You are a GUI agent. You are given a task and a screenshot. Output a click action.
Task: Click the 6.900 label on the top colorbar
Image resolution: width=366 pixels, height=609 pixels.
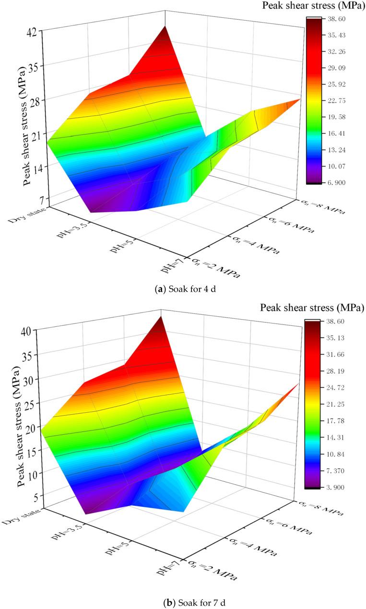[335, 183]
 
